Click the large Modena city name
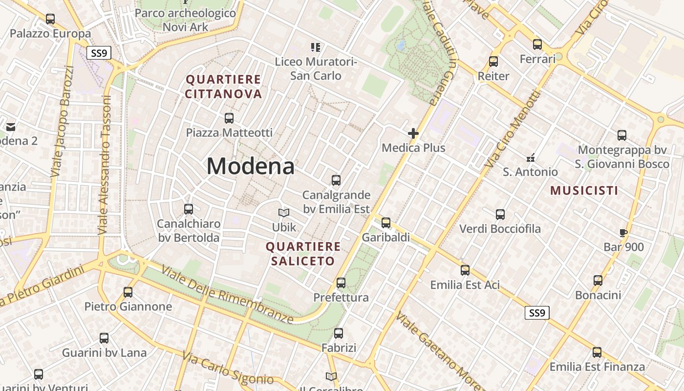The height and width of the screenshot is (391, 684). coord(250,166)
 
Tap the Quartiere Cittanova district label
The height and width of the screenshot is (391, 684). coord(224,87)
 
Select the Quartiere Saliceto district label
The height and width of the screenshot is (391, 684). coord(303,254)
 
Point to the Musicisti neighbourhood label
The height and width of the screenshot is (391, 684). coord(584,191)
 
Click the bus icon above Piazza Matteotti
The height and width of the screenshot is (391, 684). coord(229,118)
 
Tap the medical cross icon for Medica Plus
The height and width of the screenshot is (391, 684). coord(413,133)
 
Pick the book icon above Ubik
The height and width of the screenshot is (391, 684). coord(284,213)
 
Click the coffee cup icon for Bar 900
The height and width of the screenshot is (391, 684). coord(623,233)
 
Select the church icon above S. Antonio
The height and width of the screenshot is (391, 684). coord(531,158)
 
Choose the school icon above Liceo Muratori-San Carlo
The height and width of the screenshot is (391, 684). coord(316,47)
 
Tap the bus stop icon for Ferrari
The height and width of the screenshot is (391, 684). coord(537,44)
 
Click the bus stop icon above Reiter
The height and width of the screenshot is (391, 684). coord(493,62)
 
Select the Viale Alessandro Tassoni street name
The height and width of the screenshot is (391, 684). coord(104,165)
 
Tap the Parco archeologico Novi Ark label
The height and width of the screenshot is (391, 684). coord(185,20)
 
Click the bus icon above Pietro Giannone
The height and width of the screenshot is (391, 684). coord(128,292)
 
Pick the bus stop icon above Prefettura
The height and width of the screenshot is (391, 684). coord(341,282)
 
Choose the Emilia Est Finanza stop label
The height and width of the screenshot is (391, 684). coord(597,367)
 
